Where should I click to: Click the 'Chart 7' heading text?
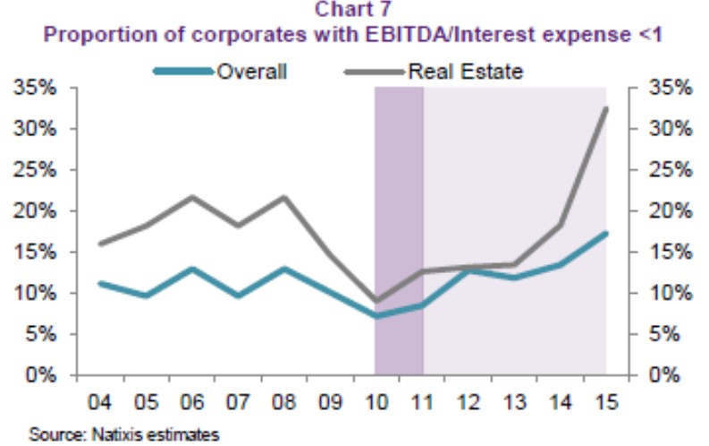tap(355, 12)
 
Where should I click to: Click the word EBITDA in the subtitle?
tap(389, 36)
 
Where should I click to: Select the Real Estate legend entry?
tap(464, 71)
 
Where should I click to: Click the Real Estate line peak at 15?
tap(606, 108)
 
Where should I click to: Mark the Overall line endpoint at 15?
tap(606, 233)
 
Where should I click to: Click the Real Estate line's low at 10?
tap(376, 301)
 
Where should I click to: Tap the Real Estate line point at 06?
tap(191, 197)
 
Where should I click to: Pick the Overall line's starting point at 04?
tap(99, 283)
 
